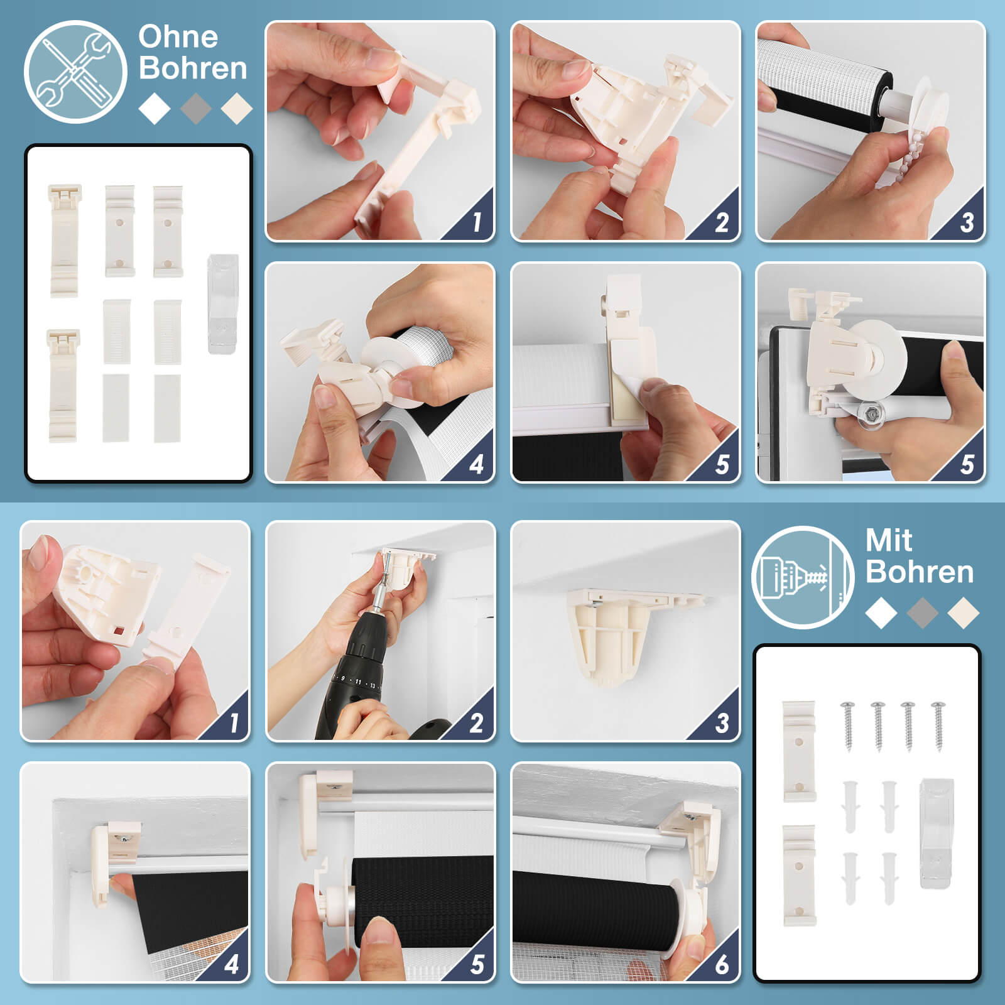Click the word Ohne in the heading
click(x=178, y=37)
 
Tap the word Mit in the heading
click(x=889, y=540)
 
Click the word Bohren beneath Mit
click(x=920, y=572)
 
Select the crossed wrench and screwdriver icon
click(x=75, y=72)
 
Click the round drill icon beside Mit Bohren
click(x=803, y=577)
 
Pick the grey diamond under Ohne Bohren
click(x=196, y=108)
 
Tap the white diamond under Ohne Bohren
click(x=155, y=108)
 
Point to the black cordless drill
click(x=361, y=678)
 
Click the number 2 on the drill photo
click(x=477, y=723)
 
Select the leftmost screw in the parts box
click(x=848, y=725)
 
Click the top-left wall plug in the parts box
click(x=850, y=807)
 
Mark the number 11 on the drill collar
click(x=358, y=681)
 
